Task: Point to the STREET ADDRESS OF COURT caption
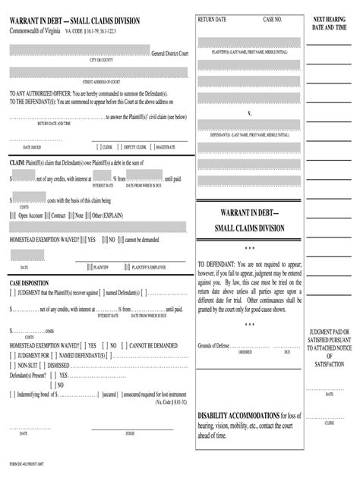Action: pos(97,80)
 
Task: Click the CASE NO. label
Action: pos(272,18)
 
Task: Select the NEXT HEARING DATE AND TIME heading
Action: pos(330,22)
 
